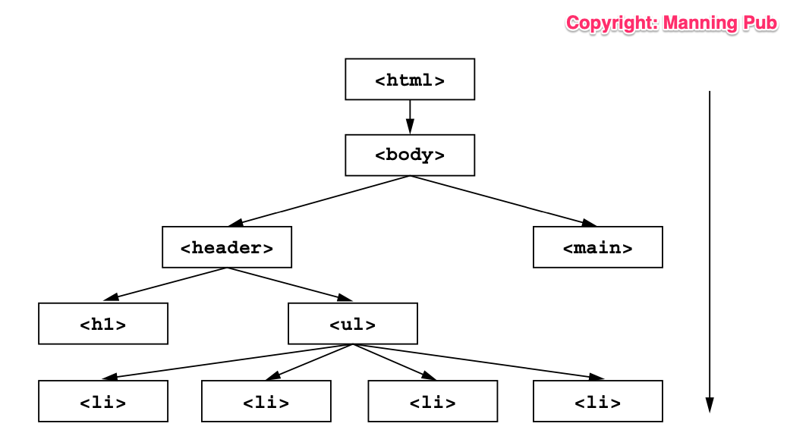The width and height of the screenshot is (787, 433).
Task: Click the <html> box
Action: pyautogui.click(x=410, y=80)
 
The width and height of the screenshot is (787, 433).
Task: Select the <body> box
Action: pyautogui.click(x=410, y=155)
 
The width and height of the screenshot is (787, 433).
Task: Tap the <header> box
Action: pyautogui.click(x=227, y=247)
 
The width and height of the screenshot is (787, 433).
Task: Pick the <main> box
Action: pyautogui.click(x=598, y=247)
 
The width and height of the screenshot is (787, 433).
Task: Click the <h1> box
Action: pyautogui.click(x=103, y=324)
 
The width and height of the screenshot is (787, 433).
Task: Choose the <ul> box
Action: pyautogui.click(x=353, y=324)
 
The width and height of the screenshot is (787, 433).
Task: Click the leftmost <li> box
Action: pyautogui.click(x=103, y=401)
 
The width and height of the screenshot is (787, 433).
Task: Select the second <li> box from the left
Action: pyautogui.click(x=266, y=401)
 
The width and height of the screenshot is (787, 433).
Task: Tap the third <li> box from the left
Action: pyautogui.click(x=433, y=401)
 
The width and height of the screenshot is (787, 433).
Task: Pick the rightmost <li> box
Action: pyautogui.click(x=598, y=401)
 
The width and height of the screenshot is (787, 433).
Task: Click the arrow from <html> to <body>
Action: pyautogui.click(x=410, y=117)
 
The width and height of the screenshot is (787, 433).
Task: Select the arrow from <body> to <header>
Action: pyautogui.click(x=319, y=201)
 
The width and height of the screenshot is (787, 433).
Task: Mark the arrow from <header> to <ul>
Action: pyautogui.click(x=288, y=284)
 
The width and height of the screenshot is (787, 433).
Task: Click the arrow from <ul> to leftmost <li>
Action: pyautogui.click(x=228, y=361)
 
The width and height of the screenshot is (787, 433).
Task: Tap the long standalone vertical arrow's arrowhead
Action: pyautogui.click(x=710, y=405)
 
